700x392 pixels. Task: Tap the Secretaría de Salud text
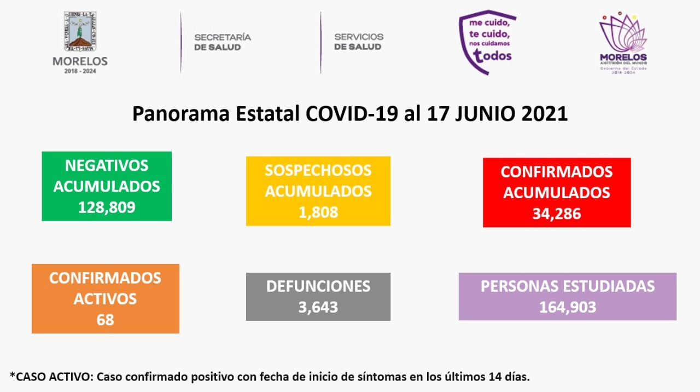[223, 42]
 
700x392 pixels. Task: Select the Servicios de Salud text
[359, 42]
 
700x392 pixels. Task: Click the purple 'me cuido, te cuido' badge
[486, 42]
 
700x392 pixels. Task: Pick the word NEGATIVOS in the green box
[107, 165]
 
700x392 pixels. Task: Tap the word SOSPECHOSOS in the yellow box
[318, 170]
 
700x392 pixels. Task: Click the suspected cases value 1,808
[318, 212]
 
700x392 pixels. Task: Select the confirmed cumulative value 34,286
[556, 213]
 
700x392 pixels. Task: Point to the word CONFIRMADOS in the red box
[556, 172]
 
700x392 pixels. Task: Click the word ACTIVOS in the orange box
[105, 299]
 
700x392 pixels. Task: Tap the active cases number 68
[105, 319]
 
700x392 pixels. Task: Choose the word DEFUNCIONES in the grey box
[318, 286]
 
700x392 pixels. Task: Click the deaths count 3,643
[318, 307]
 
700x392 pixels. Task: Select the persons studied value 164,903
[567, 307]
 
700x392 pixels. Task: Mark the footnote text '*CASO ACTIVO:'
[49, 376]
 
